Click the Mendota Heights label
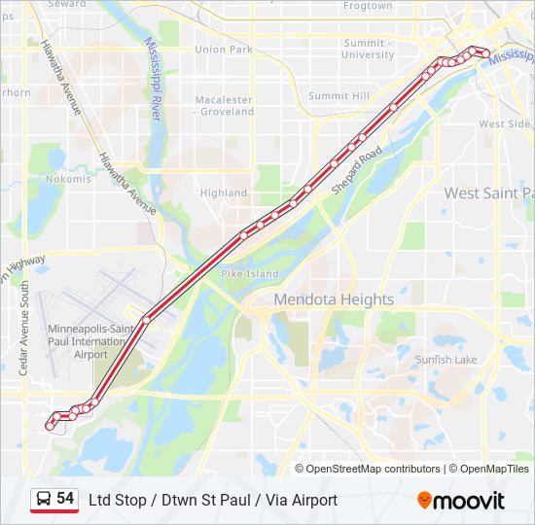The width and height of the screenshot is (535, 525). pyautogui.click(x=334, y=299)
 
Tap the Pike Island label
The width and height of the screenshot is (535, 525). pyautogui.click(x=250, y=275)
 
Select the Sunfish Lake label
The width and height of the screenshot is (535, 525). pyautogui.click(x=446, y=360)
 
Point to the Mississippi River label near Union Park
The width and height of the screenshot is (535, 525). pyautogui.click(x=153, y=78)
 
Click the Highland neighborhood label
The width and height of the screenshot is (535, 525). pyautogui.click(x=224, y=192)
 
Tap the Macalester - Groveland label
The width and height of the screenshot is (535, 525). pyautogui.click(x=225, y=106)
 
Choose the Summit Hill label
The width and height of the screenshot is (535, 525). pyautogui.click(x=339, y=96)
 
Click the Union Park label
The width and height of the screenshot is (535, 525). pyautogui.click(x=224, y=50)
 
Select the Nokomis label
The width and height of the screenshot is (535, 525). pyautogui.click(x=68, y=179)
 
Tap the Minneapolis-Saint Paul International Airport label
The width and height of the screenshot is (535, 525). pyautogui.click(x=91, y=342)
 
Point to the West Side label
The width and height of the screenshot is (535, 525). pyautogui.click(x=505, y=124)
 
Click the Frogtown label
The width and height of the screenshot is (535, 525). pyautogui.click(x=368, y=6)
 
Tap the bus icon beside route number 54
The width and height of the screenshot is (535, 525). pyautogui.click(x=43, y=500)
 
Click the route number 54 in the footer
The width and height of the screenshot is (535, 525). pyautogui.click(x=65, y=499)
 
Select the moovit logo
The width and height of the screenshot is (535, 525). pyautogui.click(x=461, y=501)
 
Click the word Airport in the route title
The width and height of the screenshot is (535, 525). pyautogui.click(x=312, y=500)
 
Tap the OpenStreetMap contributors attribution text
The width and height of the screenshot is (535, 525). pyautogui.click(x=374, y=469)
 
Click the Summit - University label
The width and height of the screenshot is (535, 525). pyautogui.click(x=369, y=49)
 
